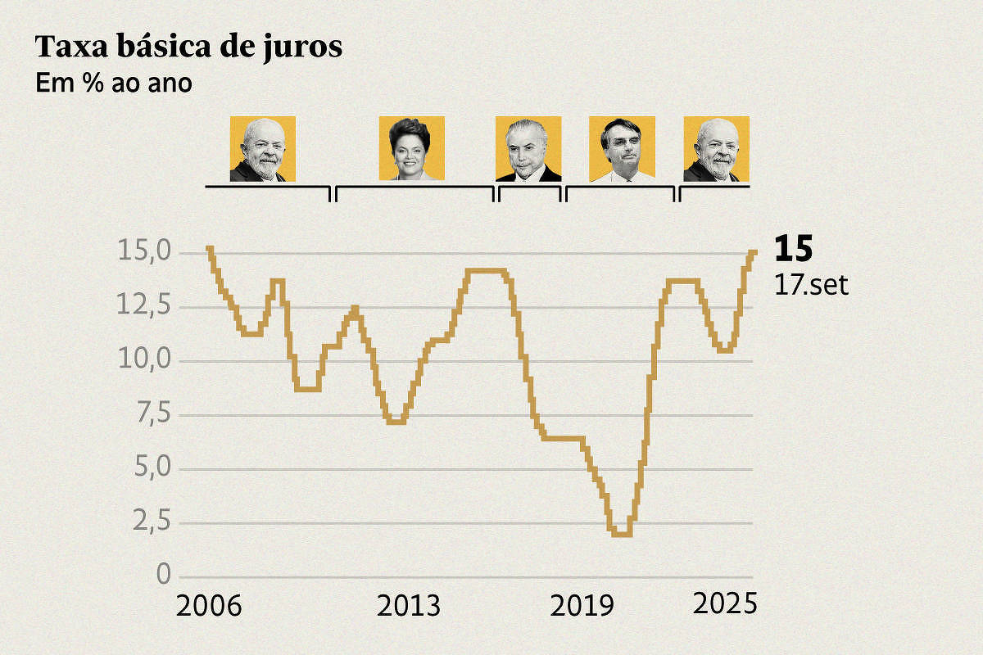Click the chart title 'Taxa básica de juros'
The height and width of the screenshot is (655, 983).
(x=188, y=48)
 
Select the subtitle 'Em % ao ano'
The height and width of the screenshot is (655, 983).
(x=114, y=84)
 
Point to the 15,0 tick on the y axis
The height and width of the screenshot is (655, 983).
(x=144, y=252)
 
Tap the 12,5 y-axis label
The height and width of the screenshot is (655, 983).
(x=144, y=307)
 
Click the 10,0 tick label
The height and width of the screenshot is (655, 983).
(x=144, y=361)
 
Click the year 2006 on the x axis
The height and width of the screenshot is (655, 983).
(x=209, y=607)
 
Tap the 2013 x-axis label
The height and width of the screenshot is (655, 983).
(x=408, y=607)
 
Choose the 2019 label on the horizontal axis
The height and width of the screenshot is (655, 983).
(x=582, y=607)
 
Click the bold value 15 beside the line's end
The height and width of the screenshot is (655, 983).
(x=792, y=249)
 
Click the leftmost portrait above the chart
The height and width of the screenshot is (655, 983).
(x=262, y=148)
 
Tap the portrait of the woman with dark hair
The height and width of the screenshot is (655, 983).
(x=411, y=148)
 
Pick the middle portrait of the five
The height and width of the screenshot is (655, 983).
(x=528, y=148)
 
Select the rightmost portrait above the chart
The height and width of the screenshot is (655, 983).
(x=716, y=148)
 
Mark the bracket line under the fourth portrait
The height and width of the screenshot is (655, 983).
(x=621, y=187)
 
